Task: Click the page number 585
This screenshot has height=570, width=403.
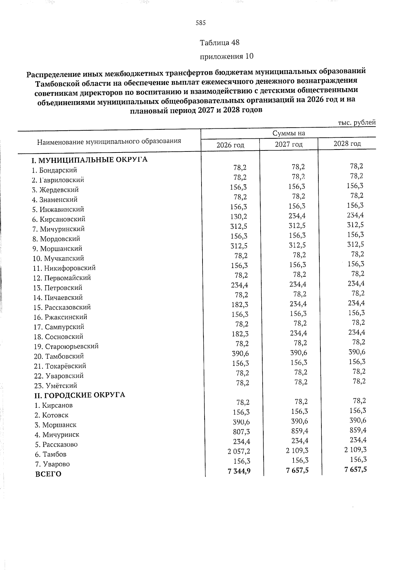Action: [x=200, y=23]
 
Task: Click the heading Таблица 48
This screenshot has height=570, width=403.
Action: [x=220, y=43]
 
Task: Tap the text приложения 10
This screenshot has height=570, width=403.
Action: [x=227, y=56]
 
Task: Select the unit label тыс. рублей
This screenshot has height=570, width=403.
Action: [x=356, y=123]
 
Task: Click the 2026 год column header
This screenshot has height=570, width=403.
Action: [x=230, y=145]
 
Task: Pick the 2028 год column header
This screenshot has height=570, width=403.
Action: [x=347, y=144]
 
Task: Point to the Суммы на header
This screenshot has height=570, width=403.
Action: [x=288, y=133]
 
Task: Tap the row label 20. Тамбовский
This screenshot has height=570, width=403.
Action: [x=59, y=356]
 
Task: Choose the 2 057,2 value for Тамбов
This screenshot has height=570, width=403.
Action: [x=238, y=451]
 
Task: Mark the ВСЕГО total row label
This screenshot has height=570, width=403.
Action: [x=48, y=474]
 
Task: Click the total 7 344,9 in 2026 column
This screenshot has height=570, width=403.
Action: [x=239, y=471]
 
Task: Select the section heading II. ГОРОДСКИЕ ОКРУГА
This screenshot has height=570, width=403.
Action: [x=80, y=395]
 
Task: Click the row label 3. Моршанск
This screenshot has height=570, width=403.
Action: [x=55, y=425]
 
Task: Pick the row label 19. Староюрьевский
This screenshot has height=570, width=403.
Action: [x=66, y=347]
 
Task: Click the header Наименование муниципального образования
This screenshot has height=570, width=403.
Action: [x=109, y=141]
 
